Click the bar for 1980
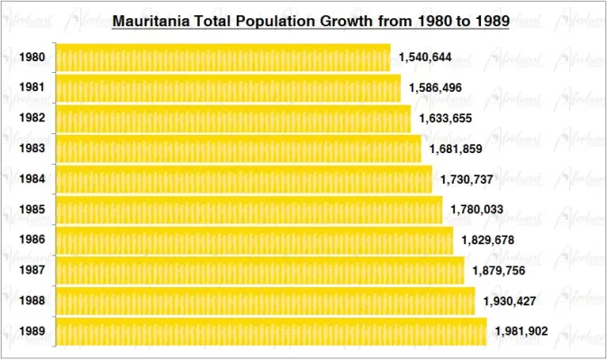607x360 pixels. point(223,58)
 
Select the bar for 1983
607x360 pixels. point(239,148)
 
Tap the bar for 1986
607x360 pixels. point(254,240)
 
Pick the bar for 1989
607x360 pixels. point(271,331)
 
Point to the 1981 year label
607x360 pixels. point(32,88)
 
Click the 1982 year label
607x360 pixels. point(32,119)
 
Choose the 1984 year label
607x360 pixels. point(32,179)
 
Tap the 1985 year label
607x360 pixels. point(32,210)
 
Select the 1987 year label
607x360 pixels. point(32,270)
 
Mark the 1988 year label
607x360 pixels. point(32,301)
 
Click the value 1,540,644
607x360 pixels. point(425,58)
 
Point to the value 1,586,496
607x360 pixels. point(436,88)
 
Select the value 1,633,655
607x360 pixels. point(446,119)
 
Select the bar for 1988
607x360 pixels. point(266,301)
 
